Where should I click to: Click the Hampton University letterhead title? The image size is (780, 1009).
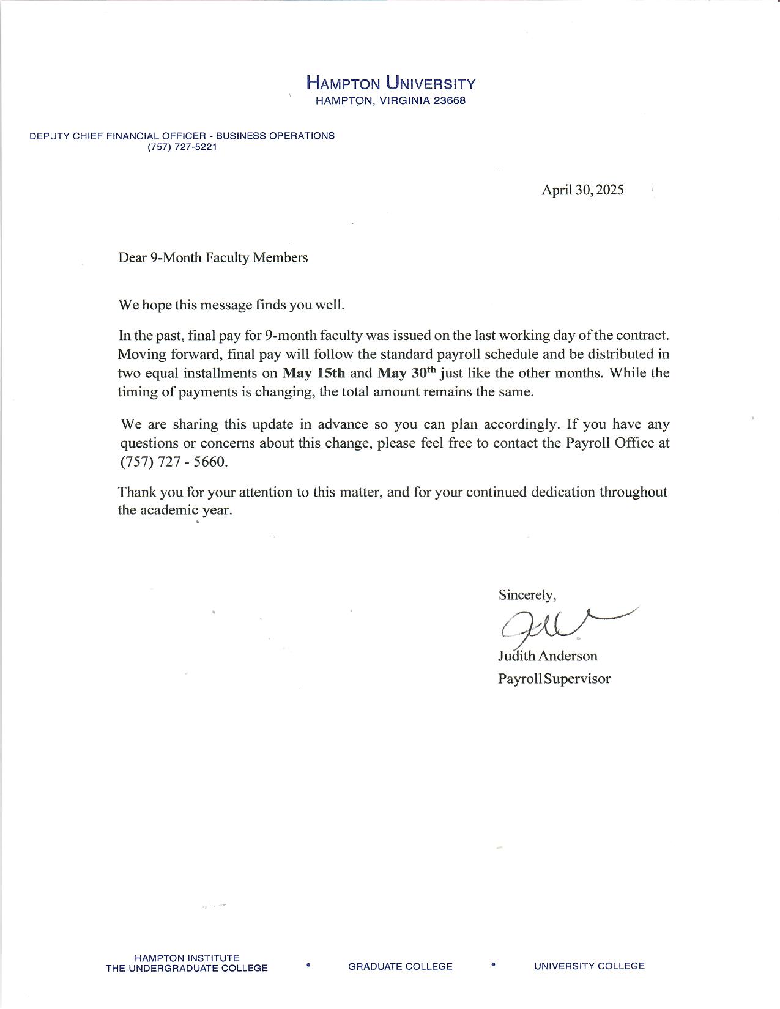click(390, 83)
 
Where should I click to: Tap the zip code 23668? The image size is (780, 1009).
click(450, 101)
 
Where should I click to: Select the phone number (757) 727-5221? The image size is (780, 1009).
click(182, 147)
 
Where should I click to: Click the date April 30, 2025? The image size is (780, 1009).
click(582, 190)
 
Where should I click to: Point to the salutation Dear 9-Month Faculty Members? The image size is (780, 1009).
click(213, 257)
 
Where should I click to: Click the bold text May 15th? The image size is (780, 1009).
click(314, 373)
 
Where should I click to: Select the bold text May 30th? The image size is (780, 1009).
click(407, 372)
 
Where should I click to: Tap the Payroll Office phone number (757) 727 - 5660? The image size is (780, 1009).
click(174, 462)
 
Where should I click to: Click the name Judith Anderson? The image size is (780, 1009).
click(548, 656)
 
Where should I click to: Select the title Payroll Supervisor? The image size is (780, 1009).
click(554, 679)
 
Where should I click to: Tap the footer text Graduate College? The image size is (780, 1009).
click(400, 967)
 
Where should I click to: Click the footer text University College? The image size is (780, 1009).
click(589, 966)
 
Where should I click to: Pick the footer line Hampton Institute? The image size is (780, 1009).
click(187, 958)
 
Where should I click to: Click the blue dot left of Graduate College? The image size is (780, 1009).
click(308, 965)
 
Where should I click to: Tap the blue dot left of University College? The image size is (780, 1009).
click(493, 965)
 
